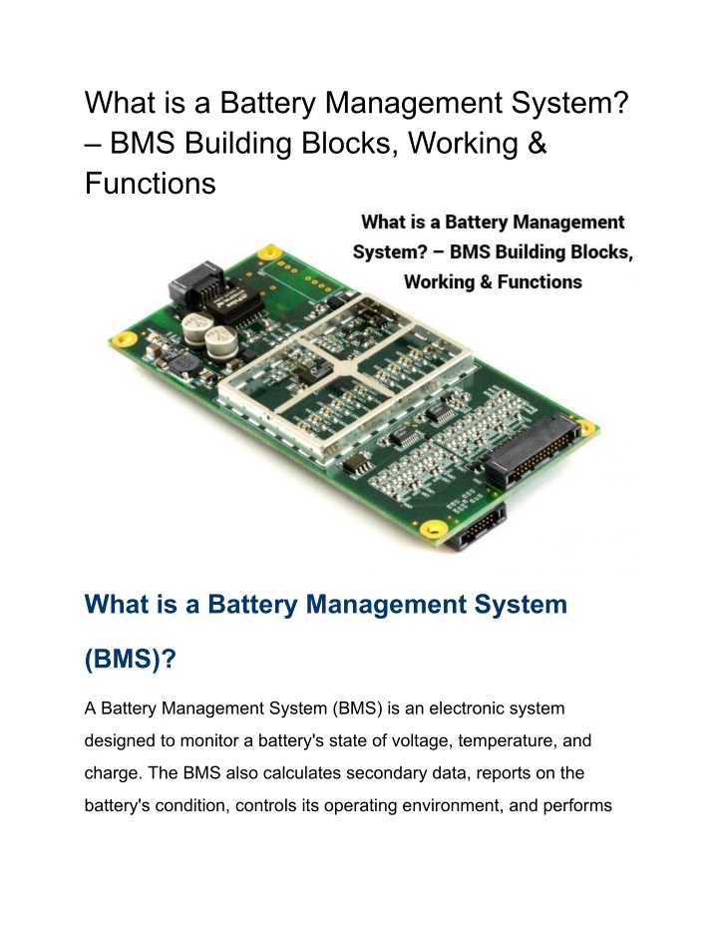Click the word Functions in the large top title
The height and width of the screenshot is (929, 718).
click(151, 183)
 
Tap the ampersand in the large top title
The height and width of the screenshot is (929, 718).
click(537, 143)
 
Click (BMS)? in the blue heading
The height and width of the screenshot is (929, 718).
click(131, 659)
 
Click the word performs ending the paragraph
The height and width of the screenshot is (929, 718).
click(577, 806)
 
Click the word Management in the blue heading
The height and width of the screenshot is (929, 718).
click(387, 605)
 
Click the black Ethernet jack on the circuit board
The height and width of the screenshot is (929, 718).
click(194, 283)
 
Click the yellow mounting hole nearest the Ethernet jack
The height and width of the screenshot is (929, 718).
click(270, 252)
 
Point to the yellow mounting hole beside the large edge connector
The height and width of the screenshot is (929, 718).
click(586, 427)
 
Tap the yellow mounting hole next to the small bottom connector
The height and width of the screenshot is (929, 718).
click(433, 528)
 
